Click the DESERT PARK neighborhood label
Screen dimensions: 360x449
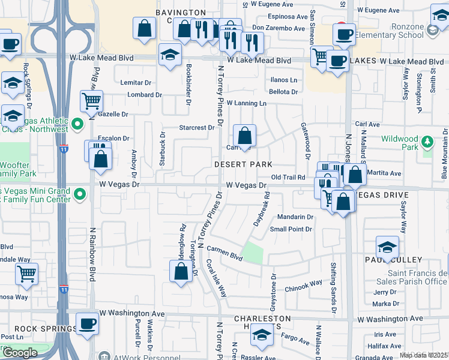pyautogui.click(x=244, y=164)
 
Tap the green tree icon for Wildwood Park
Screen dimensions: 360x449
pyautogui.click(x=427, y=142)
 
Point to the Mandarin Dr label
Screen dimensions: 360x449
pyautogui.click(x=295, y=217)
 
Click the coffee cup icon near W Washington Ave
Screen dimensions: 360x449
pyautogui.click(x=88, y=324)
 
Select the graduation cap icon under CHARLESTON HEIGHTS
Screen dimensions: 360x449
pyautogui.click(x=261, y=335)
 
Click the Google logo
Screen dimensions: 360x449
pyautogui.click(x=20, y=352)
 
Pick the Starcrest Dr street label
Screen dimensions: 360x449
pyautogui.click(x=197, y=128)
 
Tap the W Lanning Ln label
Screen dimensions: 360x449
pyautogui.click(x=246, y=103)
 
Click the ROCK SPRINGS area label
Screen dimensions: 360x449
pyautogui.click(x=46, y=329)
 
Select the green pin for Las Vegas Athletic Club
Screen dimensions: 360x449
pyautogui.click(x=77, y=124)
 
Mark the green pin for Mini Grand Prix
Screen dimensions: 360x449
pyautogui.click(x=77, y=193)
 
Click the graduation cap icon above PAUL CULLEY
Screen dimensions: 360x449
pyautogui.click(x=387, y=247)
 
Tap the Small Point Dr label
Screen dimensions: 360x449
pyautogui.click(x=291, y=229)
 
